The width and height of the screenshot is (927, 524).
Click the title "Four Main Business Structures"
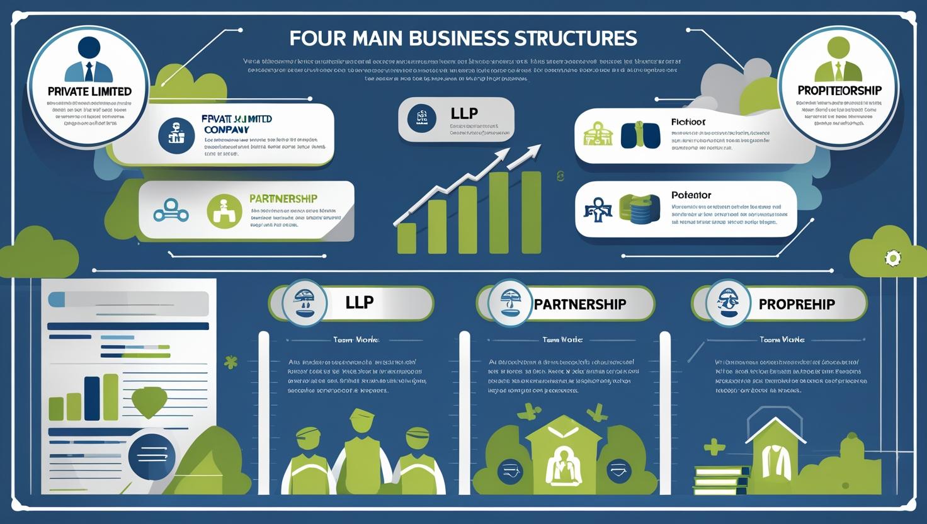click(x=463, y=38)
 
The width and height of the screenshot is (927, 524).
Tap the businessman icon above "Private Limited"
click(x=89, y=60)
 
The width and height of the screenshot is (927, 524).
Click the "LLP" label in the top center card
click(x=464, y=113)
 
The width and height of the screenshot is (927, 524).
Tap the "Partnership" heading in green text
click(x=283, y=198)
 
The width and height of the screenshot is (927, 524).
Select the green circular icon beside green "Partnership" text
click(x=224, y=211)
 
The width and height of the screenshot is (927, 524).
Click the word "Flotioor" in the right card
click(x=688, y=122)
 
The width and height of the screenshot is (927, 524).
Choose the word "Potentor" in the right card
click(x=691, y=195)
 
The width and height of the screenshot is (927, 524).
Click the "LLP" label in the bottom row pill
click(x=359, y=302)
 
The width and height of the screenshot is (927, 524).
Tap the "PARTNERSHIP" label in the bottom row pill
click(x=579, y=304)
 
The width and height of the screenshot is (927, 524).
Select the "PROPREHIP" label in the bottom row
click(x=797, y=304)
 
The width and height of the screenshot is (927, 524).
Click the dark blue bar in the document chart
click(x=92, y=398)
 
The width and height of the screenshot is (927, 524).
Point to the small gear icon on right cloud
click(x=892, y=258)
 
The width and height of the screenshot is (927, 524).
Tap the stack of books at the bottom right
click(x=722, y=479)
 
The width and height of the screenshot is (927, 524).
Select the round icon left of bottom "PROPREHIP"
click(x=728, y=304)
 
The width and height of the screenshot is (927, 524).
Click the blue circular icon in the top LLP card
click(x=421, y=118)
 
